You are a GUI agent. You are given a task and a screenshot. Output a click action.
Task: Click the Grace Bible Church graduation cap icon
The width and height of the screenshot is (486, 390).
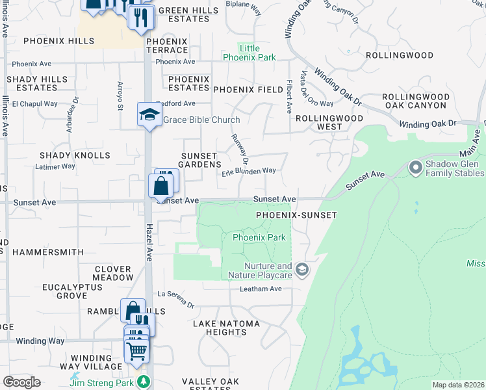click(x=149, y=115)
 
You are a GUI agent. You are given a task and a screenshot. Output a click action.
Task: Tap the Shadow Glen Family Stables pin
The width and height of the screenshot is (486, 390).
click(x=416, y=168)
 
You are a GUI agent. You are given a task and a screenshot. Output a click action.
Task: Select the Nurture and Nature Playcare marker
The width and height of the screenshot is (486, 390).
click(x=301, y=269)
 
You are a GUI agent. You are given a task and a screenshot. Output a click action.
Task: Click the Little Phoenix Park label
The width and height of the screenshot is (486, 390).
click(x=249, y=53)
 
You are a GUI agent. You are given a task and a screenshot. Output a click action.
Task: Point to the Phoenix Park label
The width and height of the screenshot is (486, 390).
click(x=259, y=237)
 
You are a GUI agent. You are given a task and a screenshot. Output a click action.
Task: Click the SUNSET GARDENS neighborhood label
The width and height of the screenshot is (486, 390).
click(x=201, y=160)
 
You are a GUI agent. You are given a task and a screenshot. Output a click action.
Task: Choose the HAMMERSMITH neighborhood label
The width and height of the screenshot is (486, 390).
click(x=48, y=252)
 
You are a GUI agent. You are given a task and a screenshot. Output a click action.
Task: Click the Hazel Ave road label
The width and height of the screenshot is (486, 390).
click(x=149, y=242)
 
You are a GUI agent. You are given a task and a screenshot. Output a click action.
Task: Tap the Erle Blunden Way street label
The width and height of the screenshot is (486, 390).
click(x=249, y=172)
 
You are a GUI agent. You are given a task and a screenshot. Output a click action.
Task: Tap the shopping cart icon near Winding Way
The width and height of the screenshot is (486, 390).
click(x=136, y=351)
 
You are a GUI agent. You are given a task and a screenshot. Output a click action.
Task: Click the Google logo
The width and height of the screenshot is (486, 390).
click(x=21, y=382)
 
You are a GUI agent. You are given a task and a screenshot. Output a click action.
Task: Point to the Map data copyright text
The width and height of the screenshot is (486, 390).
click(x=457, y=385)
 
